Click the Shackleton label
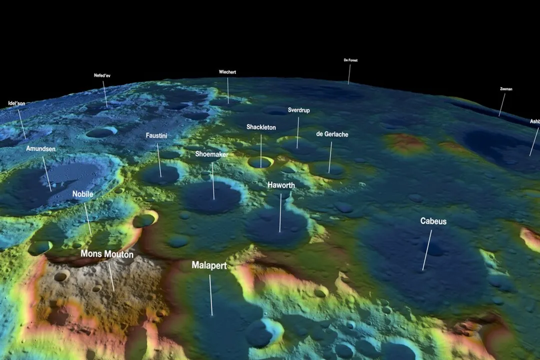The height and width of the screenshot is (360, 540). click(261, 127)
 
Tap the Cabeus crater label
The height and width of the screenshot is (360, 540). click(433, 221)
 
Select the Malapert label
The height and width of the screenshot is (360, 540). click(209, 265)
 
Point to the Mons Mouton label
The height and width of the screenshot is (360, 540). click(107, 254)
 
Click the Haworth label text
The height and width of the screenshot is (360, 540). click(281, 185)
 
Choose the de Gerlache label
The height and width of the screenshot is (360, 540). click(332, 134)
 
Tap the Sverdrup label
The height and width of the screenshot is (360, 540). click(299, 110)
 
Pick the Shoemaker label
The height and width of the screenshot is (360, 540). click(212, 154)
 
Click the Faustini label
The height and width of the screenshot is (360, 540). click(157, 135)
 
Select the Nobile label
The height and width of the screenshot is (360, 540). click(83, 194)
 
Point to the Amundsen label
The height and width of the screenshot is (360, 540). click(41, 148)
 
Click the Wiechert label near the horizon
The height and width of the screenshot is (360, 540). click(227, 72)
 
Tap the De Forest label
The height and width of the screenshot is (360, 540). click(350, 60)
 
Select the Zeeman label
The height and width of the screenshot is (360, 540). click(506, 89)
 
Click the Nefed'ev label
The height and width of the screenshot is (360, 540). click(102, 75)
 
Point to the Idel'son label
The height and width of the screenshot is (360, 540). click(16, 103)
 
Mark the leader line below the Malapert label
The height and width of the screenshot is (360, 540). click(210, 295)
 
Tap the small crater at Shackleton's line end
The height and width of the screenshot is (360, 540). click(260, 162)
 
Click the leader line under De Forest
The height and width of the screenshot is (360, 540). click(349, 74)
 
